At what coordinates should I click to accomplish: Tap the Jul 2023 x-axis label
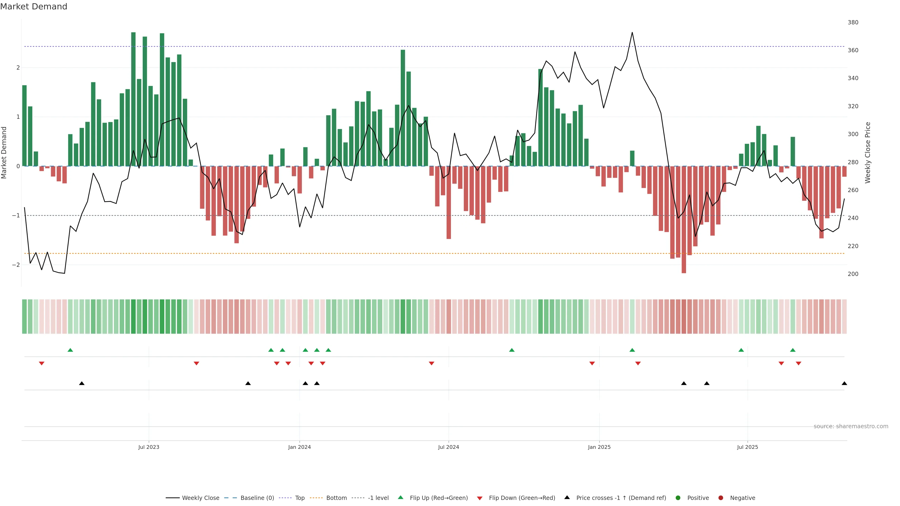pos(149,447)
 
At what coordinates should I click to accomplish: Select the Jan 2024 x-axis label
pos(300,447)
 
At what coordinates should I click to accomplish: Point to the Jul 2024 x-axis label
pos(449,447)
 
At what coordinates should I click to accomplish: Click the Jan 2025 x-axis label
pos(599,447)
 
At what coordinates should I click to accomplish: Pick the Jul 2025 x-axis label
pos(747,447)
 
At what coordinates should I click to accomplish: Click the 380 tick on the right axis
pos(853,22)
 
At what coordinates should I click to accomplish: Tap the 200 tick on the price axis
pos(853,274)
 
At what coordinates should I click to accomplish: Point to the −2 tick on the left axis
pos(16,265)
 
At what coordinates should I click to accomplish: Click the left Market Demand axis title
pos(4,153)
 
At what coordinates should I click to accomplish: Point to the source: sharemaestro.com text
pos(851,426)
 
